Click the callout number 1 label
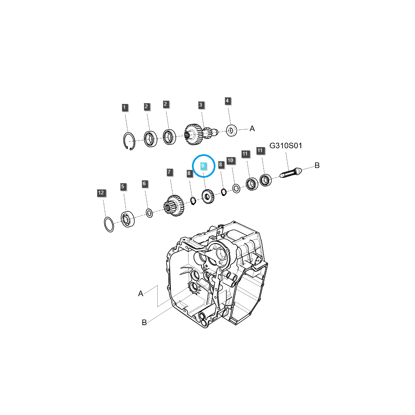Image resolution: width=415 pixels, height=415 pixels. (125, 108)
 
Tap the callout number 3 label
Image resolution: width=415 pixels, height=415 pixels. (201, 105)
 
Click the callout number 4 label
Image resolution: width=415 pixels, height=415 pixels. (227, 101)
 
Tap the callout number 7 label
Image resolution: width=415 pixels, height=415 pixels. (169, 172)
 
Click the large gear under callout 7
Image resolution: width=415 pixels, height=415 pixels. (174, 206)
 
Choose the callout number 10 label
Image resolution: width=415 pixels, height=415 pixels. (231, 160)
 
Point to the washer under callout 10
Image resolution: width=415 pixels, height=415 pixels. (237, 188)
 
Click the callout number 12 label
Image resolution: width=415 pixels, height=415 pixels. (101, 193)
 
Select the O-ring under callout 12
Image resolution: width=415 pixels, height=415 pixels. (109, 225)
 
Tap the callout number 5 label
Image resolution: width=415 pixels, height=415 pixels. (123, 187)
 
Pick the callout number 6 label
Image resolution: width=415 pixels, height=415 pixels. (145, 184)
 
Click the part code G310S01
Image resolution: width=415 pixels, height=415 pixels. (286, 146)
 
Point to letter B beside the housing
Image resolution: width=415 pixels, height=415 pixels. (144, 322)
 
